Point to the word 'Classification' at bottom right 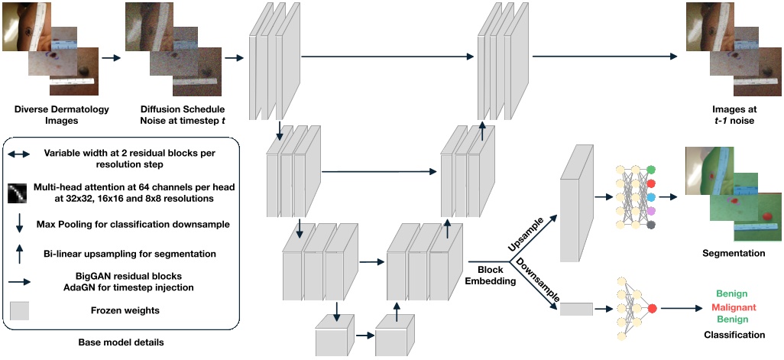click(x=735, y=335)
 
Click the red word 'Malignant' click(x=734, y=306)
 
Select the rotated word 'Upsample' click(x=530, y=233)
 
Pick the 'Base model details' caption click(x=121, y=342)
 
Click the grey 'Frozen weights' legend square click(x=19, y=310)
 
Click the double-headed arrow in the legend click(x=19, y=155)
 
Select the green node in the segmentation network click(x=650, y=170)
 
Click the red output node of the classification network click(x=652, y=309)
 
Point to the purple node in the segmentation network click(x=650, y=212)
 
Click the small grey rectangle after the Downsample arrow click(x=576, y=309)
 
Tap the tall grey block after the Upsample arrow click(x=576, y=203)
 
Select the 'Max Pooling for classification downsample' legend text click(x=134, y=225)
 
